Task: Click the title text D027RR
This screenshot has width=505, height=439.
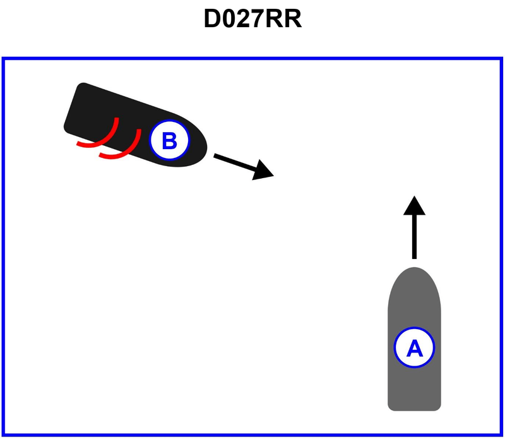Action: (252, 20)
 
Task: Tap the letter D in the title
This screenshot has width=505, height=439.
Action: (211, 20)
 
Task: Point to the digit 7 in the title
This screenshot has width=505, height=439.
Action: (261, 20)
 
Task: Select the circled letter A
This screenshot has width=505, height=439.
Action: (414, 347)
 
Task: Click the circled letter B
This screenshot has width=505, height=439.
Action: (169, 140)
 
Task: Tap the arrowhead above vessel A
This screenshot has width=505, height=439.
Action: (414, 205)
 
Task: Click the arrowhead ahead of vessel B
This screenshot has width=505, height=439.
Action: (263, 171)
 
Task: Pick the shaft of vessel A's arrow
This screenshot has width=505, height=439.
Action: (414, 237)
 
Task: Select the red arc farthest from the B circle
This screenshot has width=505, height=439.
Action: (101, 136)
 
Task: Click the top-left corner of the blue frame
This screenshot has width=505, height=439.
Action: (4, 59)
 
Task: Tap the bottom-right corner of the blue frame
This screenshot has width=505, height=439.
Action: (501, 435)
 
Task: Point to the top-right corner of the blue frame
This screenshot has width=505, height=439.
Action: (501, 59)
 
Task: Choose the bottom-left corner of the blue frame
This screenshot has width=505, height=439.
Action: (4, 435)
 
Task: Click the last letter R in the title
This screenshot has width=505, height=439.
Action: (293, 20)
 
